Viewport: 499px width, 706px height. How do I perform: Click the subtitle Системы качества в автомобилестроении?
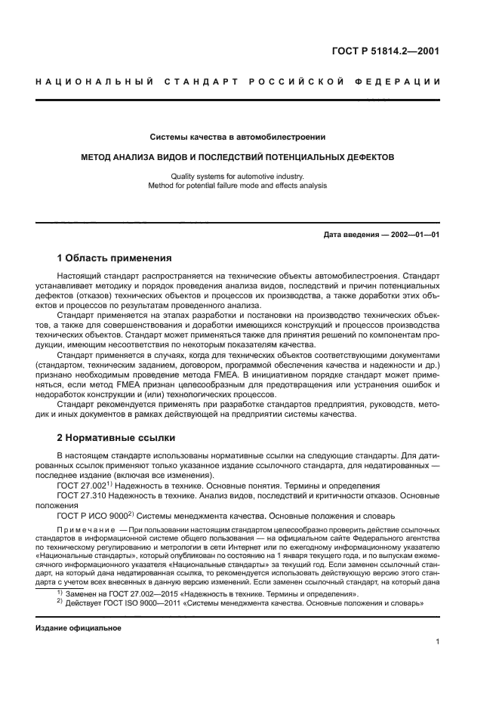[237, 137]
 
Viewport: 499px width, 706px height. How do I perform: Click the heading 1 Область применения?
[114, 257]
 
